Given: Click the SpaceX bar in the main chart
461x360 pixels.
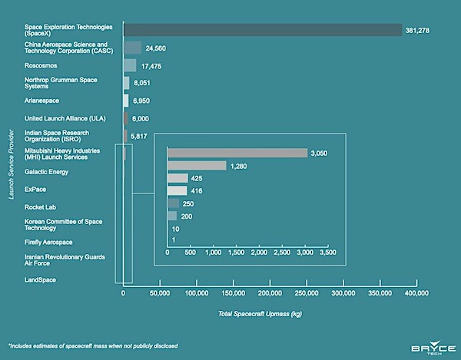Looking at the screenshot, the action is tap(263, 30).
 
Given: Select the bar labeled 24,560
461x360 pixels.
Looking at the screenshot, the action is tap(133, 48).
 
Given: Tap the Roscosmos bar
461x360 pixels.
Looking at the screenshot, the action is tap(130, 65).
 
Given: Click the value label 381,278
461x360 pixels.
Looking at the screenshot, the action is tap(417, 31).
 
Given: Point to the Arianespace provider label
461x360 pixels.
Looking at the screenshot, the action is tap(41, 101).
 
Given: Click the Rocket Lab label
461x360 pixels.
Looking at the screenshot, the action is tap(40, 207).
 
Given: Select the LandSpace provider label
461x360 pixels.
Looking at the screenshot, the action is tap(40, 280).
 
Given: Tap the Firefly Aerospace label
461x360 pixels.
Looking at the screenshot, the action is tap(48, 243).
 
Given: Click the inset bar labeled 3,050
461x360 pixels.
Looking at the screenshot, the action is tap(237, 153).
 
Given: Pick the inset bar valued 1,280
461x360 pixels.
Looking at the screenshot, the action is tap(197, 165).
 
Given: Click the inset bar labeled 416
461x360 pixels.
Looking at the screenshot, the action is tap(177, 190).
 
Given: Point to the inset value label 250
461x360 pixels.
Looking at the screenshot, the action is tap(188, 204).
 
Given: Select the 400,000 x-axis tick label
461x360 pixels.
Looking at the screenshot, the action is tap(416, 293).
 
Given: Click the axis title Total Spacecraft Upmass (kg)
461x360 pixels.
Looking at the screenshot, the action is tap(260, 314).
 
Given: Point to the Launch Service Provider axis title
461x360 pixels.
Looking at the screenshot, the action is tap(12, 164).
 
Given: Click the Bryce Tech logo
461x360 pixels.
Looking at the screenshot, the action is tap(433, 348).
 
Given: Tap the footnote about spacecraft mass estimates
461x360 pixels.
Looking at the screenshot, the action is tap(93, 346).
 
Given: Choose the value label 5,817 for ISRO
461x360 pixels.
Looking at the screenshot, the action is tap(139, 137).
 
